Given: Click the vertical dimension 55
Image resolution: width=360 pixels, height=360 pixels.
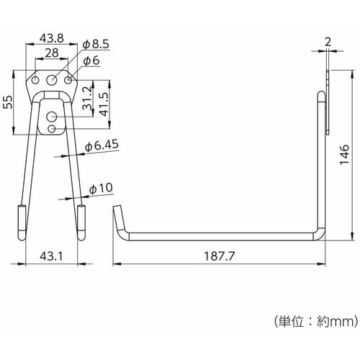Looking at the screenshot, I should [x=8, y=103].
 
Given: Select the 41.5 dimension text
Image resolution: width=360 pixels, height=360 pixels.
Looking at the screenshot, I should [x=106, y=103].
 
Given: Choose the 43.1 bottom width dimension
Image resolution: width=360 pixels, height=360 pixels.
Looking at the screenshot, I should [x=50, y=256].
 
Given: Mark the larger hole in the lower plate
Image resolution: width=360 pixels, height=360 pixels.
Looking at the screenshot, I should [x=53, y=115].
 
